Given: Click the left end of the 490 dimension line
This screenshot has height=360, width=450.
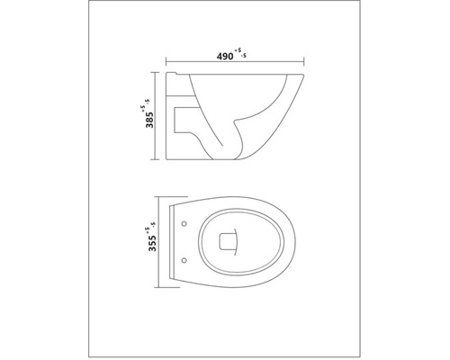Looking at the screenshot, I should tap(168, 62).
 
